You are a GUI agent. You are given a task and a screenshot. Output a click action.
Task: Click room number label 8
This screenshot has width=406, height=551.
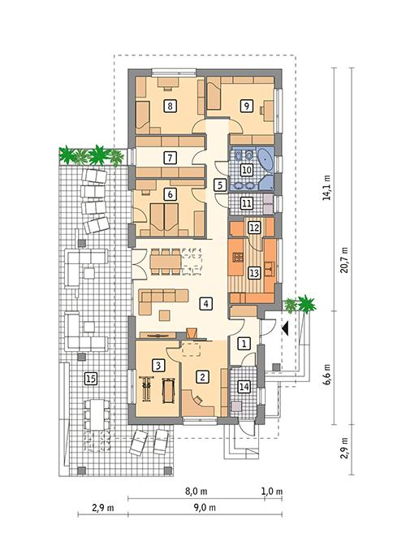coord(170,105)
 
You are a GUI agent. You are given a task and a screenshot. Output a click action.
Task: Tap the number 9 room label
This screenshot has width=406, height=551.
coord(246,104)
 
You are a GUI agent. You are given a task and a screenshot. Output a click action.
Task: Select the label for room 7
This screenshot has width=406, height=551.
coord(170,158)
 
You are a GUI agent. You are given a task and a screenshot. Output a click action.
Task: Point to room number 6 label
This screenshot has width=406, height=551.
coord(170,194)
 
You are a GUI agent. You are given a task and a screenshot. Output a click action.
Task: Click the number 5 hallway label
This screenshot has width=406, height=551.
coord(219,185)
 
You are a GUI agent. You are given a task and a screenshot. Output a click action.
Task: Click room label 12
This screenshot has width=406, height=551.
coord(253,228)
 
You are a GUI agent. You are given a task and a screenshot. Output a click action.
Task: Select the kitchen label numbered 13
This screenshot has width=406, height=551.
coord(253,273)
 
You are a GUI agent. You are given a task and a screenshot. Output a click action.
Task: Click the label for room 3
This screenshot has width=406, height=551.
coord(159,365)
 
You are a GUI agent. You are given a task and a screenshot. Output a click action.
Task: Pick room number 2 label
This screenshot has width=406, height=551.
coord(203,375)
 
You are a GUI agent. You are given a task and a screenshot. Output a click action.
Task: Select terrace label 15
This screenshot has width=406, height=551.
coord(90,377)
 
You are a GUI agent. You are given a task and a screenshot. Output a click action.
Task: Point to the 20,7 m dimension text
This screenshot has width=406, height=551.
coord(344,260)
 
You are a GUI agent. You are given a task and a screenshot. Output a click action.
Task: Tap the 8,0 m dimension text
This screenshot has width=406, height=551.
coord(197,491)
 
